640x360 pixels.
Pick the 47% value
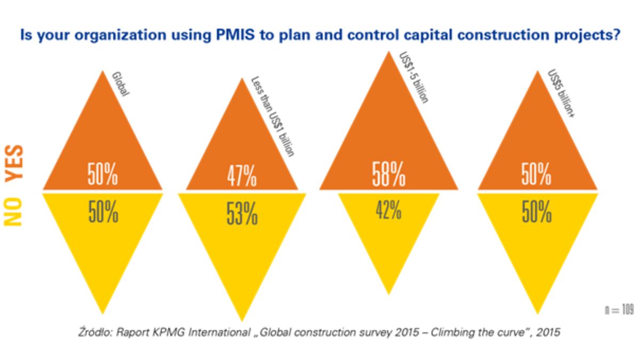tap(242, 175)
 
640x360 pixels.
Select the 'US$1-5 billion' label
tap(414, 77)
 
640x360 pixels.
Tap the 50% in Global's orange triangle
tap(102, 174)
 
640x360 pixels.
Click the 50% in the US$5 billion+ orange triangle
tap(537, 174)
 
